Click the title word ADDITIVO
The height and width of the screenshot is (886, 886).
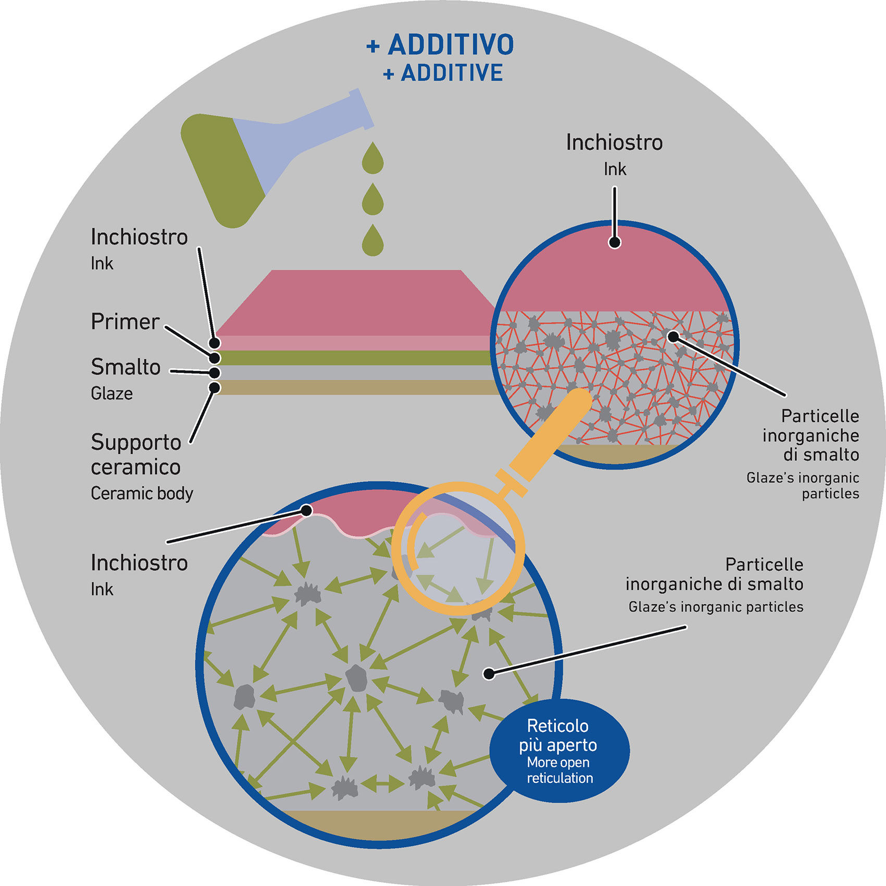[451, 45]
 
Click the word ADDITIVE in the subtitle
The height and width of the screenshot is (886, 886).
[452, 73]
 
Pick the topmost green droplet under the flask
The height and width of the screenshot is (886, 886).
[372, 159]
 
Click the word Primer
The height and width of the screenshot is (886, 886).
[125, 321]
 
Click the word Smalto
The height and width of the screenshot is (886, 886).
[126, 367]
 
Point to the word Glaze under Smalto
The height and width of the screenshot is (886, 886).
[111, 393]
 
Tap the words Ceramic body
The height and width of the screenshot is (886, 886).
[142, 493]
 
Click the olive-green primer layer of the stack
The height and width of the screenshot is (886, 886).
[354, 358]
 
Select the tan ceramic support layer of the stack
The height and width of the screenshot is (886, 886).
[354, 388]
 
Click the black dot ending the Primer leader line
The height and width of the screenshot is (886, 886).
[215, 358]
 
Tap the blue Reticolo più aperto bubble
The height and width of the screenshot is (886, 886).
[559, 750]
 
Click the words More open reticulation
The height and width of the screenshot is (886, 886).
[559, 770]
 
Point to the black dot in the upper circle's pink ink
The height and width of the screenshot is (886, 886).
[615, 242]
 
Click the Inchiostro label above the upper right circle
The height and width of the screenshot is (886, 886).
[614, 143]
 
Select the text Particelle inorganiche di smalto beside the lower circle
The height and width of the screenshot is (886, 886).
[714, 575]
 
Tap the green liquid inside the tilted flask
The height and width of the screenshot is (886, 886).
[224, 167]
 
